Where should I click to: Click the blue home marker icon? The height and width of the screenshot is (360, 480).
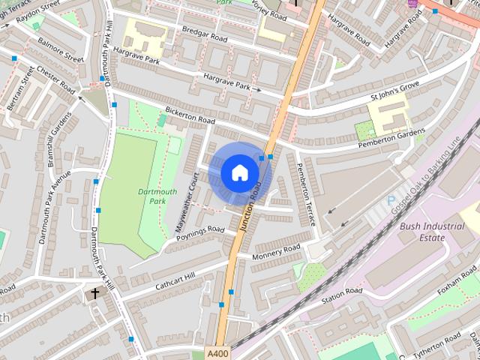coord(239,172)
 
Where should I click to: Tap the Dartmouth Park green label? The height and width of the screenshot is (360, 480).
coord(157,196)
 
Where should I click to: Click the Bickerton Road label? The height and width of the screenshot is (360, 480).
coord(190,116)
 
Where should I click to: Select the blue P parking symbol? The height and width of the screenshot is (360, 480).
coord(391,200)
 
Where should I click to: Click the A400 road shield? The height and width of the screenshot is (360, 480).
coord(217,353)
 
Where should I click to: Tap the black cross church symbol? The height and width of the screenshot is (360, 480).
coord(94,292)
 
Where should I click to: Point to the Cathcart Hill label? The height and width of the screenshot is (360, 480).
coord(175,280)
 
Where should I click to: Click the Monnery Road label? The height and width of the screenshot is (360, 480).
coord(275,253)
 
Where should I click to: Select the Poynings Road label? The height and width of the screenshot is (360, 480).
coord(200,233)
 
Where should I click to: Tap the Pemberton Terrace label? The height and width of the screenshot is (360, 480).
coord(308,188)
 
